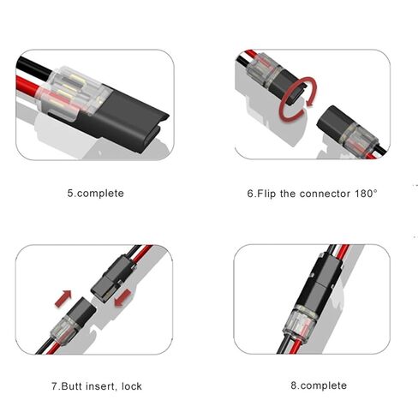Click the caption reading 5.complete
click(x=95, y=194)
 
